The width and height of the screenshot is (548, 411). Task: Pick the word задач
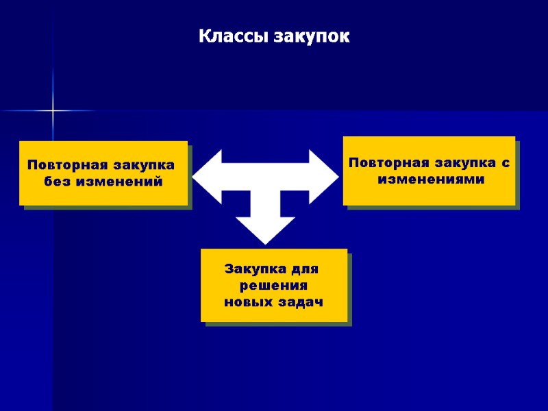pos(299,302)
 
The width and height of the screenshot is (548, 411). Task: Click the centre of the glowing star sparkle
pos(53,110)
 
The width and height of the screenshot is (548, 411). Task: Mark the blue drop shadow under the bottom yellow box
pos(277,324)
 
